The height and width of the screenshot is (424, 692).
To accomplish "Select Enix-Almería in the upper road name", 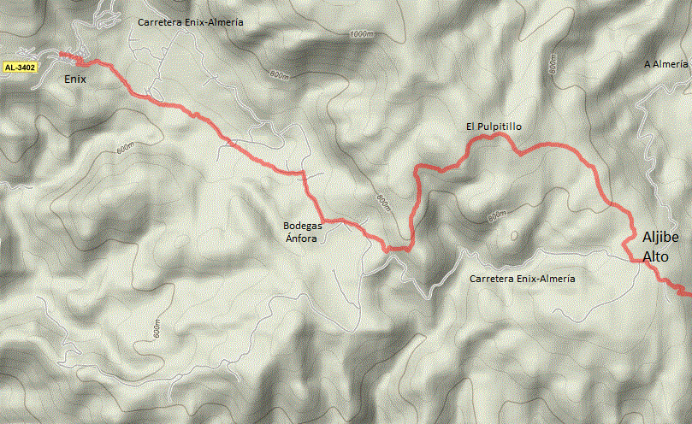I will pyautogui.click(x=215, y=22).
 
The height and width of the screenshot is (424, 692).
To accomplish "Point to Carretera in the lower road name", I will pyautogui.click(x=494, y=280).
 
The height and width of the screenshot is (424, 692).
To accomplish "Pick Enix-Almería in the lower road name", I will pyautogui.click(x=547, y=280).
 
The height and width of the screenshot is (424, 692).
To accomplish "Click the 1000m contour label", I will pyautogui.click(x=362, y=34).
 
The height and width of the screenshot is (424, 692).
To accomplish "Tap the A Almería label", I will pyautogui.click(x=666, y=64).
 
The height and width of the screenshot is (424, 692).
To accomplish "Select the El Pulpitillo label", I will pyautogui.click(x=494, y=127).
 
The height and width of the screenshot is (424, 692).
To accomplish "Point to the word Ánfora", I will pyautogui.click(x=301, y=239).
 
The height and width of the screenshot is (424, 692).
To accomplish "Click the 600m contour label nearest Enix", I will pyautogui.click(x=126, y=147).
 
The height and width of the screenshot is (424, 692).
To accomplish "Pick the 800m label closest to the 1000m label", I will pyautogui.click(x=279, y=74).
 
